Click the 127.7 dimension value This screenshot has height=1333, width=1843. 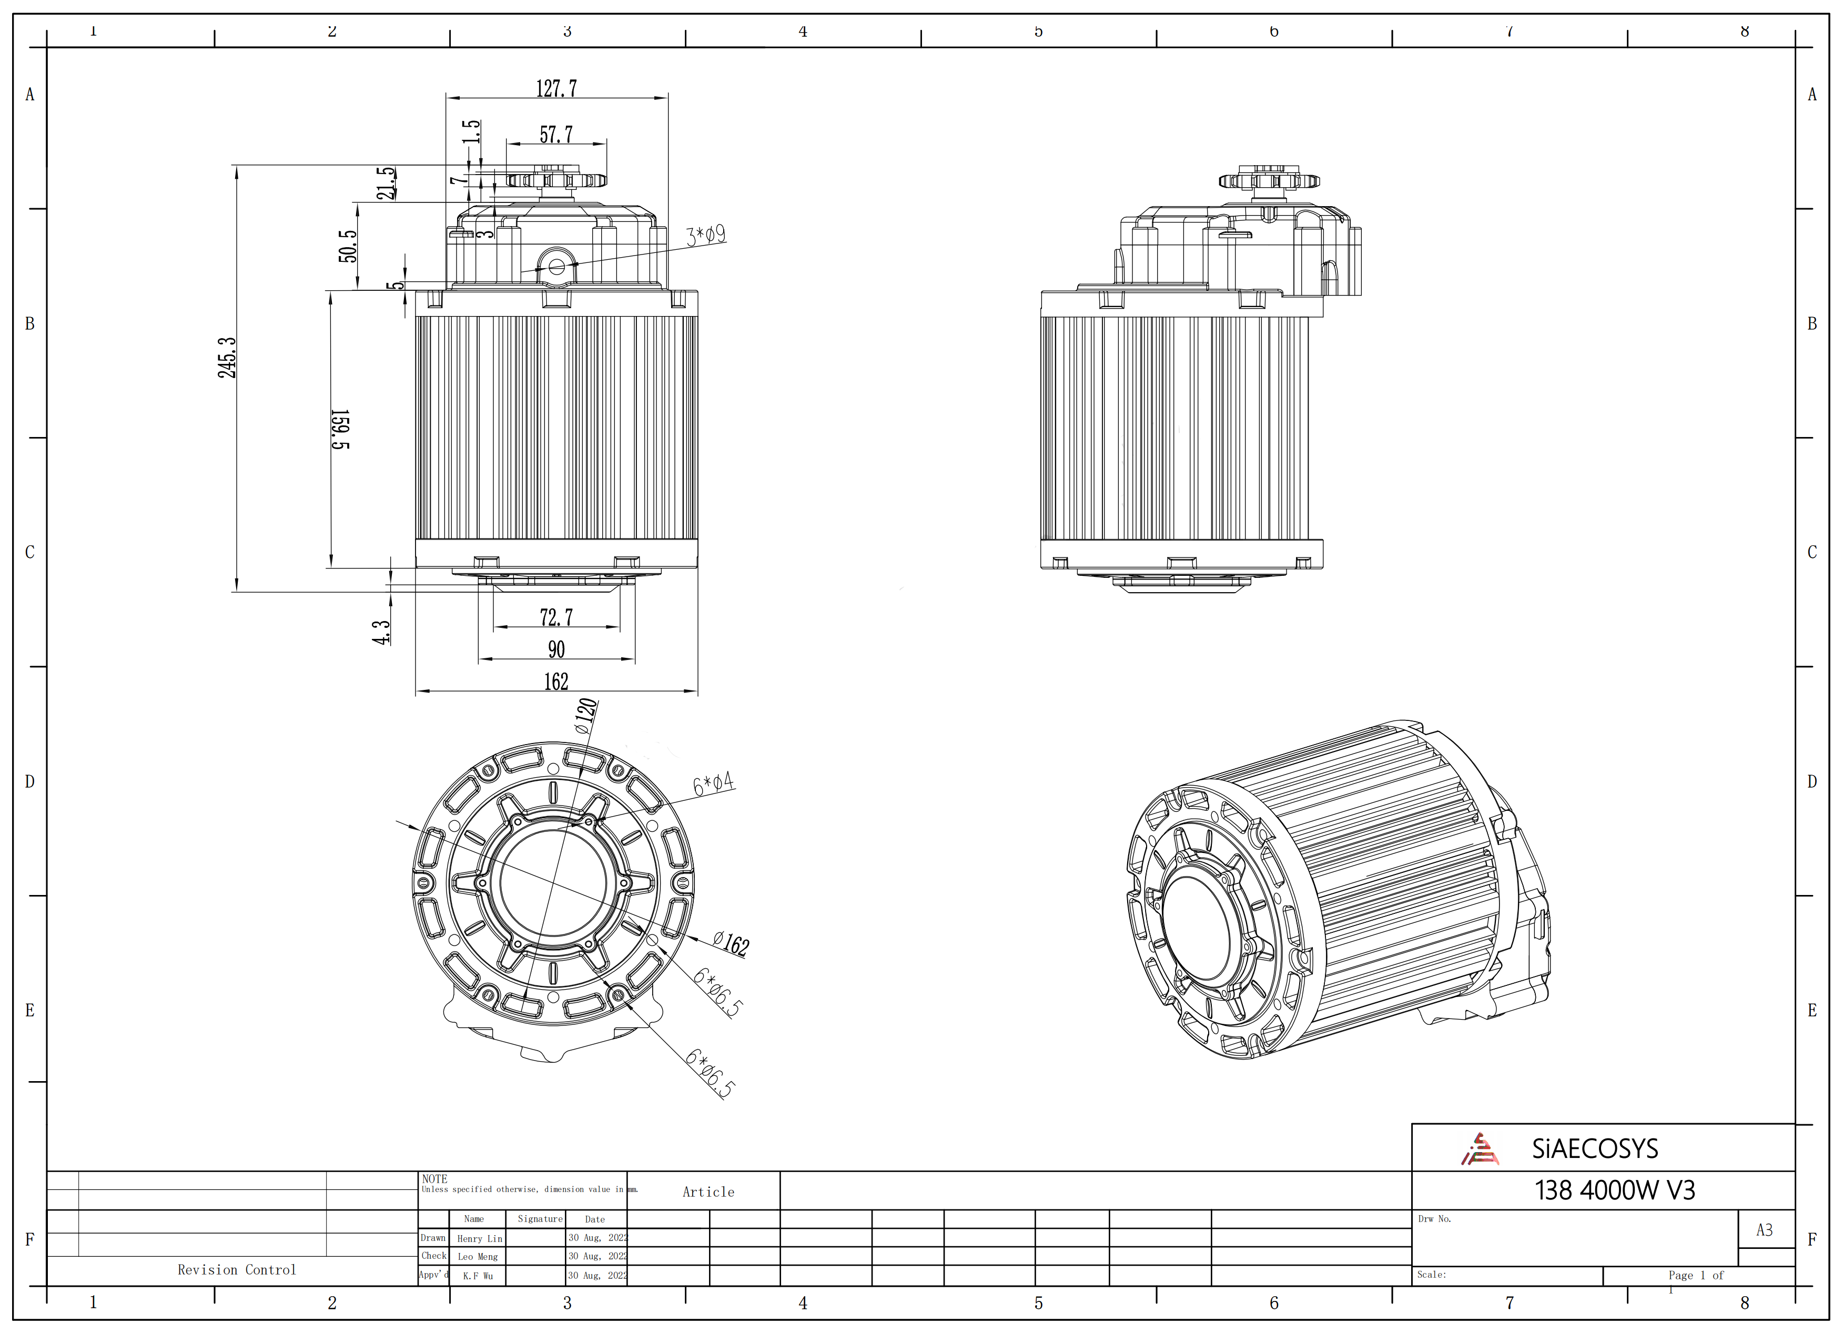tap(556, 88)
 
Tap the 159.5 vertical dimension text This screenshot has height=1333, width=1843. tap(340, 429)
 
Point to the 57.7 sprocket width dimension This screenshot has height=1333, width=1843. tap(556, 134)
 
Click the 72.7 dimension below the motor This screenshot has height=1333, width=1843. tap(556, 617)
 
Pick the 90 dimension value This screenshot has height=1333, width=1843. tap(556, 649)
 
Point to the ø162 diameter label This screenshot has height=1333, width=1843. tap(731, 943)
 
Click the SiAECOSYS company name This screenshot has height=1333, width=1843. tap(1594, 1148)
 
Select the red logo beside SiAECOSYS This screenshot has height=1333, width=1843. tap(1480, 1148)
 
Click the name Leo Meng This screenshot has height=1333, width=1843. tap(478, 1257)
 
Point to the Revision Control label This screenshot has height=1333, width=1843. tap(237, 1270)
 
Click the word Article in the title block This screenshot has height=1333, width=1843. tap(708, 1192)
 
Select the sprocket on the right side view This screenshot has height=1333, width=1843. tap(1269, 179)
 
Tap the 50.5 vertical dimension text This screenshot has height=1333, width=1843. tap(348, 246)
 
